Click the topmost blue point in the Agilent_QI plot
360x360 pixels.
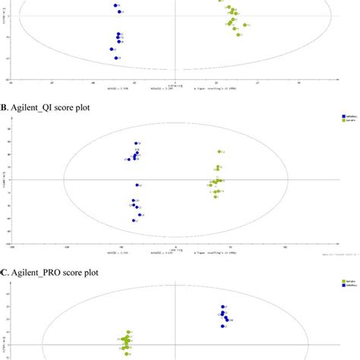(x=137, y=144)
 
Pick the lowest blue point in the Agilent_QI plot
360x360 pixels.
(x=134, y=220)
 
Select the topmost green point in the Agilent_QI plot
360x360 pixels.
(x=219, y=152)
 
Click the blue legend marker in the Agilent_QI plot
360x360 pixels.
(x=344, y=117)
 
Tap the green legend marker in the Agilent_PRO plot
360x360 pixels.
(x=344, y=281)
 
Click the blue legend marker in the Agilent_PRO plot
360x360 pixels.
(x=344, y=285)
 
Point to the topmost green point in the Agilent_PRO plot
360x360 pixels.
(x=129, y=332)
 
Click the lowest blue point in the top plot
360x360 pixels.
(x=115, y=58)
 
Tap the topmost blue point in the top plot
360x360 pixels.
(x=115, y=5)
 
